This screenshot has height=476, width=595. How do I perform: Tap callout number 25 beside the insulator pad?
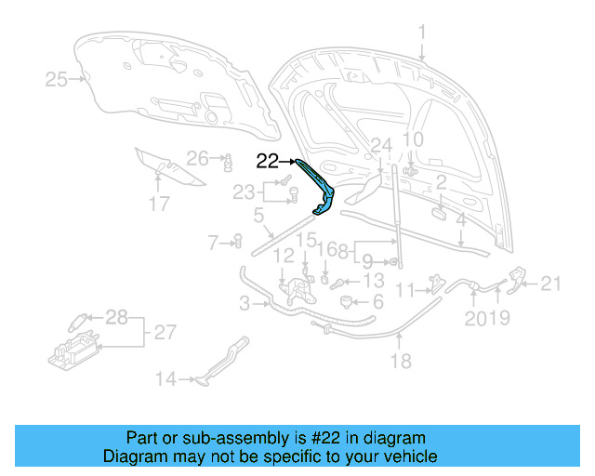pyautogui.click(x=57, y=80)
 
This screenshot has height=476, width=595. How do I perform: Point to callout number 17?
pyautogui.click(x=159, y=204)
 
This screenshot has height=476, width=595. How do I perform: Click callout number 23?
pyautogui.click(x=244, y=192)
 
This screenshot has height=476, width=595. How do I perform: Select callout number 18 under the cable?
pyautogui.click(x=400, y=362)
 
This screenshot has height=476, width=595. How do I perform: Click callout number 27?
pyautogui.click(x=164, y=332)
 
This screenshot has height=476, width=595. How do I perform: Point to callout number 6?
pyautogui.click(x=377, y=302)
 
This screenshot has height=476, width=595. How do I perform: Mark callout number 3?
pyautogui.click(x=244, y=303)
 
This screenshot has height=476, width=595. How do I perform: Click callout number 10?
pyautogui.click(x=412, y=140)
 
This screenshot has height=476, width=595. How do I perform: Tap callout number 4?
pyautogui.click(x=461, y=221)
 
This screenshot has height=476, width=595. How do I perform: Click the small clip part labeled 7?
pyautogui.click(x=236, y=244)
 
